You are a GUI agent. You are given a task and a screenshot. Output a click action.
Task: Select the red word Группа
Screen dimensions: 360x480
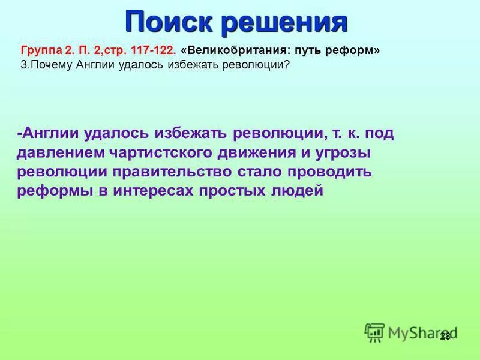[x=40, y=51]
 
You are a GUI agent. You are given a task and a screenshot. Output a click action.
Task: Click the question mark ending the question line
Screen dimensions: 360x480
[x=287, y=65]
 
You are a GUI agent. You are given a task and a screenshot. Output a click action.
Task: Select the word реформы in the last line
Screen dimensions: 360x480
[x=52, y=191]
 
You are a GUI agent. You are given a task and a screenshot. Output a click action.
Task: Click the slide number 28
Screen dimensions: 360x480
[x=445, y=336]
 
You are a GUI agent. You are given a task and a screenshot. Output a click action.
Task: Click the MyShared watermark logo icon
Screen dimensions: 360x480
[x=375, y=332]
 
